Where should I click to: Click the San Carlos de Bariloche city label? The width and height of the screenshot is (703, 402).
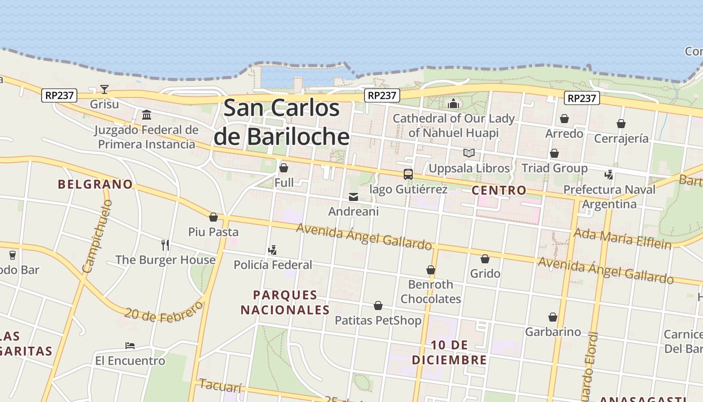pos(282,123)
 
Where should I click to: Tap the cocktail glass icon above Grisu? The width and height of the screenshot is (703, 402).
pos(104,89)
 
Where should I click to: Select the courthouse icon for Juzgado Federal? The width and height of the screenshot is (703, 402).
pos(147,115)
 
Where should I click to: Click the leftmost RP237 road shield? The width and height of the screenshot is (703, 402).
pos(59,95)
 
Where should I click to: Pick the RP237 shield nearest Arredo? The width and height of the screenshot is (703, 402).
pos(581,98)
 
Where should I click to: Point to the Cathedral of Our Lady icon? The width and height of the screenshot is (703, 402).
pos(453,104)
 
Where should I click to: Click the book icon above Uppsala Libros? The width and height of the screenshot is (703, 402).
pos(469,153)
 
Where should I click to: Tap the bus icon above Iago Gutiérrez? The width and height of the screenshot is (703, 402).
pos(408,174)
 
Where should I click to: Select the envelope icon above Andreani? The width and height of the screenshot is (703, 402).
pos(354,197)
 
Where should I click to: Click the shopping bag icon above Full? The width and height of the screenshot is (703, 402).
pos(284,168)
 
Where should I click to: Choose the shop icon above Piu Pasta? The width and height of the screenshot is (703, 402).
pos(213,217)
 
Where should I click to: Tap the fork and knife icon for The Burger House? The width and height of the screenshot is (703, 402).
pos(165,245)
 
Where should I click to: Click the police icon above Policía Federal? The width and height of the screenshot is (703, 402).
pos(273,250)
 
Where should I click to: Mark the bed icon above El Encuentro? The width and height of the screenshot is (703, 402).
pos(130,346)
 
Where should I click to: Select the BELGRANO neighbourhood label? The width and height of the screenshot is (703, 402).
pos(95,184)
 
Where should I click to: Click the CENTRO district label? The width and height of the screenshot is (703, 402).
pos(499,190)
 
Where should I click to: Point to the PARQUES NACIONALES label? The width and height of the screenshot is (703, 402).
pos(285,303)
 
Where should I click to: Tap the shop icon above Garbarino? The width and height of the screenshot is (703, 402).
pos(553,317)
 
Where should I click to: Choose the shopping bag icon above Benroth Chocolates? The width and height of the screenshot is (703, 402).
pos(431,270)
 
